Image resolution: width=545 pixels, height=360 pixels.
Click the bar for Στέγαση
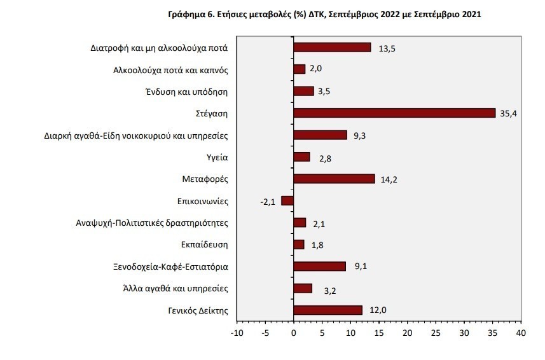pos(394,113)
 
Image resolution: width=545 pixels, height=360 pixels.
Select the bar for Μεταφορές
pos(334,179)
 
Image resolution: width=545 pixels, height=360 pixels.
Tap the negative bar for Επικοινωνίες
pos(287,200)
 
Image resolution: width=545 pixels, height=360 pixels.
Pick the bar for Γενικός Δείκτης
pos(328,310)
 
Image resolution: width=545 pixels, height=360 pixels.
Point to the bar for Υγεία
pos(301,156)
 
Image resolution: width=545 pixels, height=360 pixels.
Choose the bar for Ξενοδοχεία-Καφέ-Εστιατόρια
pos(319,266)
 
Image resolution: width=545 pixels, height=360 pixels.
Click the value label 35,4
pos(508,113)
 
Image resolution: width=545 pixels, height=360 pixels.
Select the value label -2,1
pos(268,202)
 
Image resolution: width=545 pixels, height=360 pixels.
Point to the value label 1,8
pos(317,245)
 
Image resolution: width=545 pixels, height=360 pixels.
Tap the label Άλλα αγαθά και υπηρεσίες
pos(176,288)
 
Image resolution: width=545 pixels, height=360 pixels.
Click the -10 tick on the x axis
pos(237,333)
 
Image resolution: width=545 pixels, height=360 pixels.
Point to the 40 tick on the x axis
pos(521,333)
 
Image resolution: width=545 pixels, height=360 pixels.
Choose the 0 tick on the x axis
pos(293,333)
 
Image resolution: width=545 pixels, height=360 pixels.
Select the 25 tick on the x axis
pos(436,333)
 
